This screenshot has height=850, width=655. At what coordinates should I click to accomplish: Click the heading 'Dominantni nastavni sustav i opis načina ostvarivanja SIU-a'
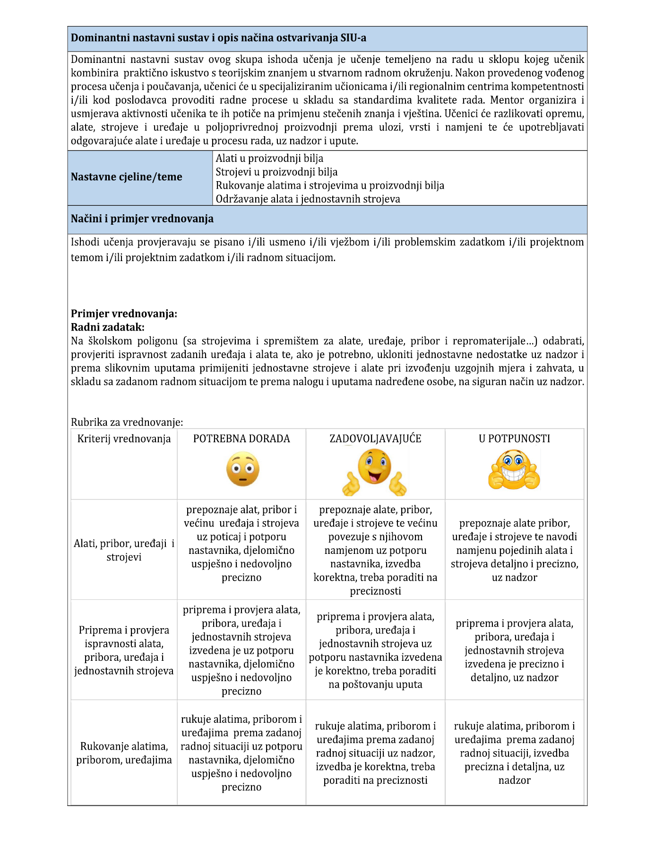[x=218, y=38]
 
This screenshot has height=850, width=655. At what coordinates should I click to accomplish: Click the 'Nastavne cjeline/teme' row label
[x=126, y=177]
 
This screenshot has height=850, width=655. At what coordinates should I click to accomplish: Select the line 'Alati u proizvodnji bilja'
[x=269, y=158]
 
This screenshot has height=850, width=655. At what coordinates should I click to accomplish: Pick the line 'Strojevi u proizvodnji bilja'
[x=276, y=172]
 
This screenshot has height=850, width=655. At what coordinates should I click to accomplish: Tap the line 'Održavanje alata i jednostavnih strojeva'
[x=308, y=199]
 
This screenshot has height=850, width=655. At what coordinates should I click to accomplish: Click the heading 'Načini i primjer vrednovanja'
[x=142, y=219]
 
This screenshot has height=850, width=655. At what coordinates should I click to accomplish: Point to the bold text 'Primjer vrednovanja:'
[x=124, y=314]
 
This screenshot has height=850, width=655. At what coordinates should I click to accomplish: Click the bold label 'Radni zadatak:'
[x=108, y=327]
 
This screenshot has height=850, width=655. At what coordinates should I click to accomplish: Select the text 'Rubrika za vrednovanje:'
[x=127, y=422]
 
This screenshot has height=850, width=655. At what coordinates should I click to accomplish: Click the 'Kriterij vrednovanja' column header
[x=124, y=439]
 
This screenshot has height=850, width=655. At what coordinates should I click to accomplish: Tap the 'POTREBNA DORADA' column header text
[x=241, y=439]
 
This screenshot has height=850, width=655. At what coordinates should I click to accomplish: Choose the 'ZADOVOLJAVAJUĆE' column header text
[x=375, y=439]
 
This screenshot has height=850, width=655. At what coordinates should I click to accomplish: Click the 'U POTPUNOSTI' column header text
[x=514, y=439]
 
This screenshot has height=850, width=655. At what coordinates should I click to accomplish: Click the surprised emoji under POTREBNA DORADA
[x=242, y=469]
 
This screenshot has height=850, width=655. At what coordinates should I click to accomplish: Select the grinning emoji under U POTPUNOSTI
[x=514, y=470]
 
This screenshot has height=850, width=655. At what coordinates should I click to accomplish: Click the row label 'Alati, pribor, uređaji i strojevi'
[x=124, y=550]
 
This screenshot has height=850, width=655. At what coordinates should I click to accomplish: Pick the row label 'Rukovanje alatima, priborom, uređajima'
[x=124, y=753]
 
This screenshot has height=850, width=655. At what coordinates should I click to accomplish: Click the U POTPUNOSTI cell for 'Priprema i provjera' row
[x=514, y=650]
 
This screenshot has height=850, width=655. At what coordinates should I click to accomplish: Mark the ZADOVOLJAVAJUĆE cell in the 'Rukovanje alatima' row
[x=375, y=753]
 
